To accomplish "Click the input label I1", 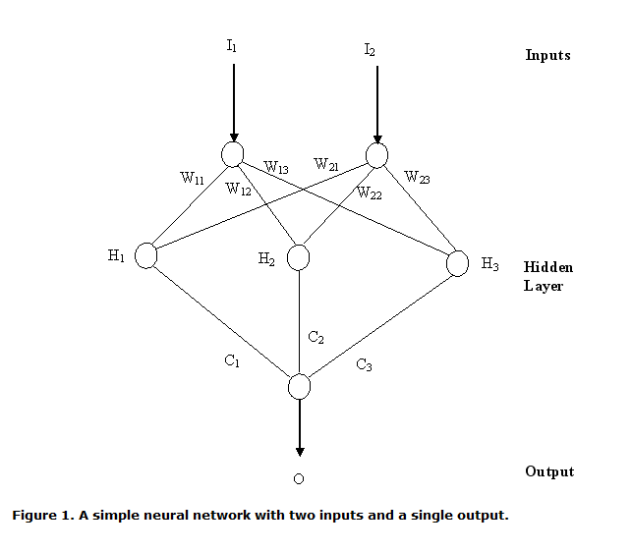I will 232,44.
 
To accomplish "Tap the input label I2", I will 370,48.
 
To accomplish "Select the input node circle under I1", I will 233,154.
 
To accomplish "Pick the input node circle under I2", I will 377,154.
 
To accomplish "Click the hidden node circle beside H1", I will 146,256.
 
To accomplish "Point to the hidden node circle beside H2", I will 299,257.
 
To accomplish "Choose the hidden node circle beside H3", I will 457,263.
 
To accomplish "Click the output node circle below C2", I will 300,386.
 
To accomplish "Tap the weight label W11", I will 193,178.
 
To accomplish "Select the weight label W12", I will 239,189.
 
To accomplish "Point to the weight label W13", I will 276,168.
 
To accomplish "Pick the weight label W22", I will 370,193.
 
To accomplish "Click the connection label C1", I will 232,361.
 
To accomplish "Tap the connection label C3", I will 364,365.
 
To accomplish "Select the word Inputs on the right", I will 547,55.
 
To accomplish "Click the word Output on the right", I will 549,471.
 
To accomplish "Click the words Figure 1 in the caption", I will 42,515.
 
